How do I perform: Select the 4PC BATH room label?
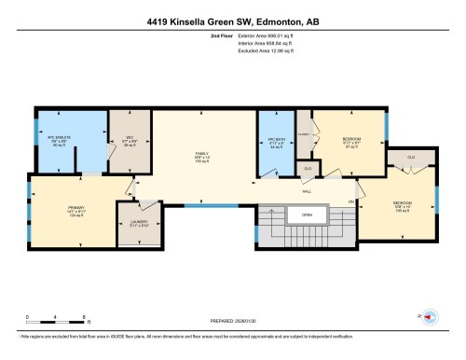pos(275,145)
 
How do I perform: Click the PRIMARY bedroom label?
pos(75,211)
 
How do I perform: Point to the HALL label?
pos(308,192)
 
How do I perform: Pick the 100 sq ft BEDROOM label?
pos(402,205)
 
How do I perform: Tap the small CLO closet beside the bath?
pos(307,168)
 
